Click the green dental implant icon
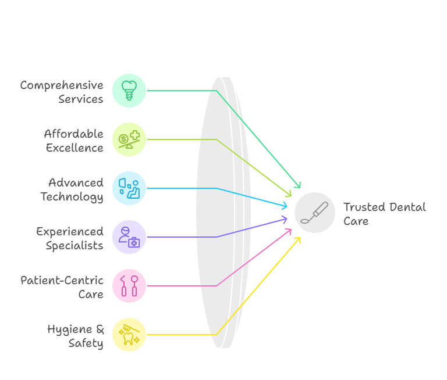[x=129, y=91]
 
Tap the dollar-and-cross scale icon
[x=129, y=139]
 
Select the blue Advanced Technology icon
[x=129, y=188]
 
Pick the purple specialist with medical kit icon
[x=129, y=237]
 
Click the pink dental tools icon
[x=129, y=286]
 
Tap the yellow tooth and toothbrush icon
[x=129, y=335]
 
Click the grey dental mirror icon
[x=315, y=213]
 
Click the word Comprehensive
[x=62, y=85]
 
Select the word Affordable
[x=73, y=134]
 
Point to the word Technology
[x=72, y=197]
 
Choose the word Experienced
[x=70, y=232]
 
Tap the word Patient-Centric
[x=62, y=281]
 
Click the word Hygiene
[x=70, y=329]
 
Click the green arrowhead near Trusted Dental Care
[x=297, y=185]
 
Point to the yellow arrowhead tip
[x=300, y=238]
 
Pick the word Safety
[x=86, y=343]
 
